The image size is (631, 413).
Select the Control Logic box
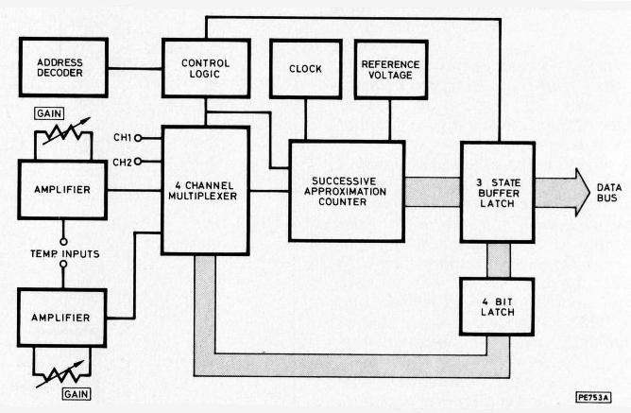point(205,67)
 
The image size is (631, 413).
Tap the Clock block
point(304,69)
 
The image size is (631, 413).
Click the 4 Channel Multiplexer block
point(205,190)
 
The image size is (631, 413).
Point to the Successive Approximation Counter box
point(346,190)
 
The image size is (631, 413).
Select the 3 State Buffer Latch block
point(497,190)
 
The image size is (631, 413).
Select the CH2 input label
point(122,162)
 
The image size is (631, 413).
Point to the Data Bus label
point(607,191)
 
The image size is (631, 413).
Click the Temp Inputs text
point(64,254)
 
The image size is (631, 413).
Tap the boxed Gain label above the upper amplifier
point(49,112)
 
